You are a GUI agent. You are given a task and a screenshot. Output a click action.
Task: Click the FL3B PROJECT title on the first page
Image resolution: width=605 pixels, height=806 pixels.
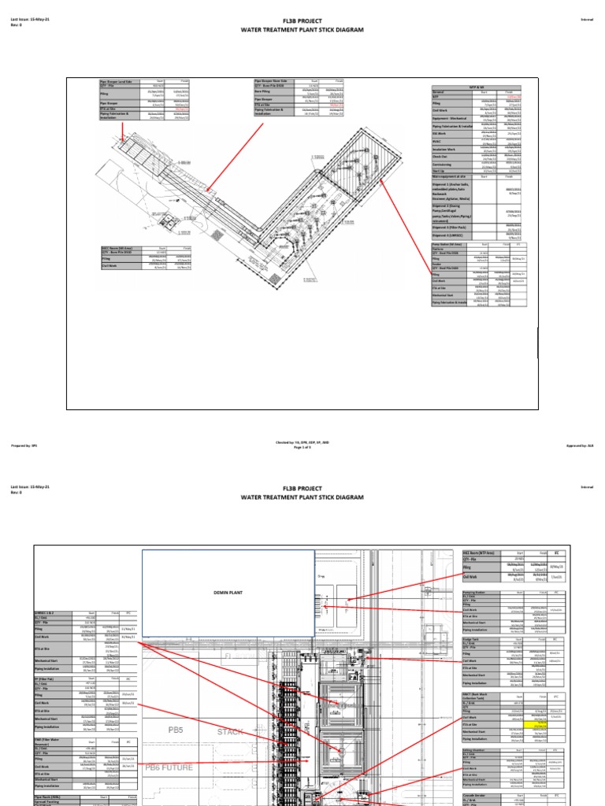[x=302, y=20]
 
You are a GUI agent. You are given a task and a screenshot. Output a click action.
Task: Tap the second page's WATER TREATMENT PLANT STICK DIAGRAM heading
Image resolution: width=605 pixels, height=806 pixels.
[x=302, y=497]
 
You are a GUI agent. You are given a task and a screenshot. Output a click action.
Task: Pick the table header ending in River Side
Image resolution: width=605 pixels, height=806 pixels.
[x=273, y=81]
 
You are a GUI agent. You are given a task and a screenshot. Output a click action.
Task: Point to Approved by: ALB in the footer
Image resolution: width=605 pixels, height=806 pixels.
[x=580, y=445]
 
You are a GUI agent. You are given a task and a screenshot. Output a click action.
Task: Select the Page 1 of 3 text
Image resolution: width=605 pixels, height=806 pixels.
[x=302, y=448]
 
